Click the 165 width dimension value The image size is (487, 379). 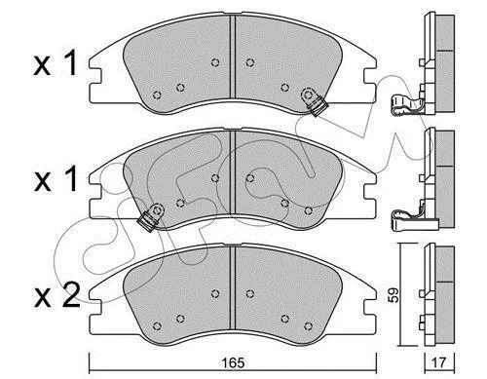(x=233, y=362)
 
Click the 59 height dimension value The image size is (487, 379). (x=393, y=295)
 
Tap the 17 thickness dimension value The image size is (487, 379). (x=439, y=362)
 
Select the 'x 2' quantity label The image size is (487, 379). (x=56, y=295)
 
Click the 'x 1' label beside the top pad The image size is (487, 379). (x=56, y=63)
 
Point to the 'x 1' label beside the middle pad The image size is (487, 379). (x=56, y=178)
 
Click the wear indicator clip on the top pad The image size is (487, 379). (x=314, y=101)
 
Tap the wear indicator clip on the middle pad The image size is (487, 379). (x=151, y=217)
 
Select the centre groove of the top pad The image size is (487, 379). (x=233, y=56)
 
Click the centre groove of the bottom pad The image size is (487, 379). (x=233, y=287)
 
